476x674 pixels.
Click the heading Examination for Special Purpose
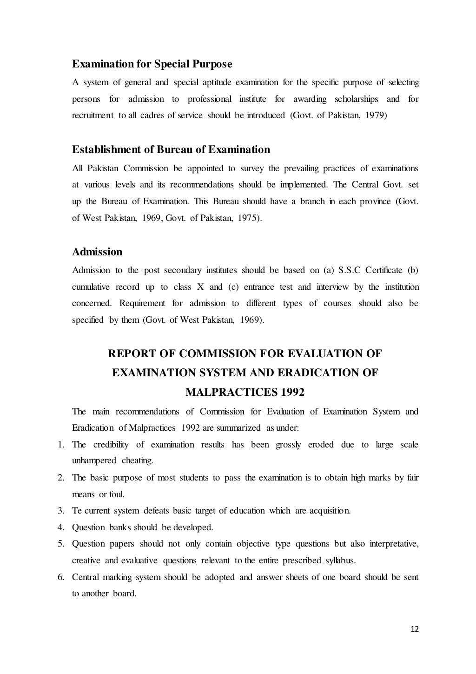click(x=152, y=64)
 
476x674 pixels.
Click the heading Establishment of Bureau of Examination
click(x=171, y=150)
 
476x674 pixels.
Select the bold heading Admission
click(x=97, y=252)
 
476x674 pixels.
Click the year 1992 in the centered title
click(x=292, y=393)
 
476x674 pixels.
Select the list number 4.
click(x=60, y=527)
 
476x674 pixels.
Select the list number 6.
click(x=60, y=577)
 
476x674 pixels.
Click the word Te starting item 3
click(x=77, y=511)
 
